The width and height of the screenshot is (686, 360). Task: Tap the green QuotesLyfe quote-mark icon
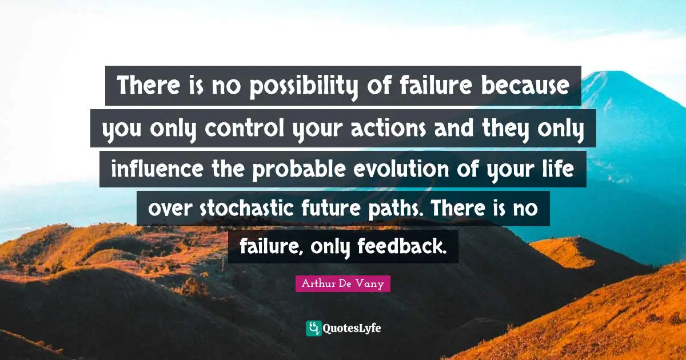(313, 328)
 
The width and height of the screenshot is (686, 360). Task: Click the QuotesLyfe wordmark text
(352, 328)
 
